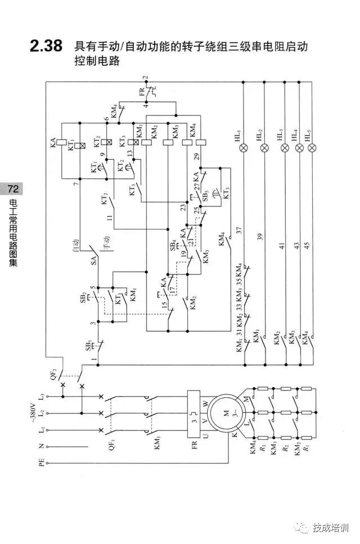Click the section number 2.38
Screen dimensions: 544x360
coord(47,47)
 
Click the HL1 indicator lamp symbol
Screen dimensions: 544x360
coord(244,148)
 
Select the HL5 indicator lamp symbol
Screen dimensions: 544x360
coord(312,148)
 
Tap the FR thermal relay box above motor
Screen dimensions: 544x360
coord(194,416)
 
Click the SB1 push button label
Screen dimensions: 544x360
coord(88,345)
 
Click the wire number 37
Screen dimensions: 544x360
coord(239,230)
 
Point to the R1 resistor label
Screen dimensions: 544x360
coord(307,449)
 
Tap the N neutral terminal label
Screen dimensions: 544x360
coord(40,446)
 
